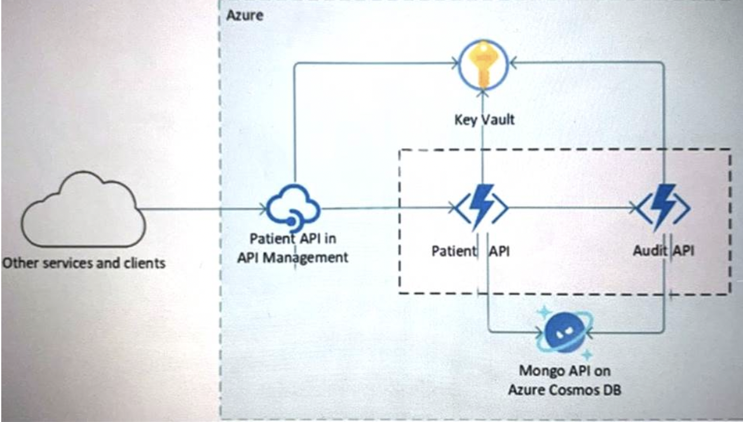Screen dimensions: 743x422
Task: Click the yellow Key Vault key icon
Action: [x=483, y=65]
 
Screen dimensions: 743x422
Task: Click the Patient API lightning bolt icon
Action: [x=482, y=207]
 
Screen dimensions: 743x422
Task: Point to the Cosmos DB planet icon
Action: [x=564, y=332]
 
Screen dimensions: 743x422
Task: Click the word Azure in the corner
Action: [x=245, y=15]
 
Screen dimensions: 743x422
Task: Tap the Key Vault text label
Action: [x=484, y=119]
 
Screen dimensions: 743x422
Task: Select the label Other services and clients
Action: [x=84, y=263]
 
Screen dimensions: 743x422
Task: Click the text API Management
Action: [x=293, y=257]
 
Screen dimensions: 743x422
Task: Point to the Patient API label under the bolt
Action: [x=470, y=251]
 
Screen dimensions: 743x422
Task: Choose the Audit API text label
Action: [x=664, y=250]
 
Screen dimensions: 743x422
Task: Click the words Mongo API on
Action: [x=564, y=371]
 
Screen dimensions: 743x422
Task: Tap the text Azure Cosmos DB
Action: [x=564, y=390]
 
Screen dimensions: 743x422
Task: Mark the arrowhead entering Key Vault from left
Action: [x=454, y=63]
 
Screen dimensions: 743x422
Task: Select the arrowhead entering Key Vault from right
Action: [x=513, y=62]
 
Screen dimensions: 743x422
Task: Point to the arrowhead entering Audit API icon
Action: [x=634, y=207]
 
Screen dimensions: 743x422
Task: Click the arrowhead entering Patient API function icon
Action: [x=453, y=207]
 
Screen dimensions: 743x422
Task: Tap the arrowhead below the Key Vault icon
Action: [x=482, y=94]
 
